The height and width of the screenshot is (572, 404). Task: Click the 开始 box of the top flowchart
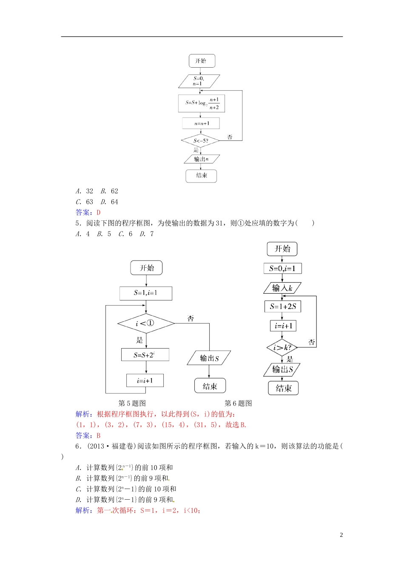click(x=202, y=61)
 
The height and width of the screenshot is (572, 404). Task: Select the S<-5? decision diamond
click(x=200, y=140)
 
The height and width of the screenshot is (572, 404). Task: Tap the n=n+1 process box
click(x=202, y=123)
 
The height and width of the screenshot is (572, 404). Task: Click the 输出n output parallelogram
click(x=202, y=159)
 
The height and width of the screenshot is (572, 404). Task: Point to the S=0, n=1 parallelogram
click(x=199, y=81)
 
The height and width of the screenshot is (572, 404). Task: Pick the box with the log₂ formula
click(x=202, y=103)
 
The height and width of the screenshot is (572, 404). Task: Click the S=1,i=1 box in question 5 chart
click(x=146, y=293)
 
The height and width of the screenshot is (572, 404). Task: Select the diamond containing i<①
click(x=146, y=323)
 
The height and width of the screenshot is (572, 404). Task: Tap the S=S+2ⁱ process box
click(x=145, y=355)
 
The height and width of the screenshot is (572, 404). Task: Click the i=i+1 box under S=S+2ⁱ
click(x=145, y=380)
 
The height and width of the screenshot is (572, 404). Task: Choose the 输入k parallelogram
click(x=282, y=288)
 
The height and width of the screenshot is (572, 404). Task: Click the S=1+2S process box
click(x=283, y=306)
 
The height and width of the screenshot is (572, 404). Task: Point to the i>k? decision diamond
click(x=282, y=348)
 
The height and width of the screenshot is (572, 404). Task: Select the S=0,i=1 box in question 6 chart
click(x=282, y=269)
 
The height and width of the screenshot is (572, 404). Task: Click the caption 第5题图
click(x=132, y=403)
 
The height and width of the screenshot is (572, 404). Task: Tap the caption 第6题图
click(x=238, y=403)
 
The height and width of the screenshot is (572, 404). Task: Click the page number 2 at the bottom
click(x=341, y=535)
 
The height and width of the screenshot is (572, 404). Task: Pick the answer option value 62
click(x=114, y=192)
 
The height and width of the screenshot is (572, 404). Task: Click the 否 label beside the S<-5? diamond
click(x=230, y=137)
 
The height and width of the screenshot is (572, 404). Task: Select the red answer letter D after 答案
click(x=99, y=213)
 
